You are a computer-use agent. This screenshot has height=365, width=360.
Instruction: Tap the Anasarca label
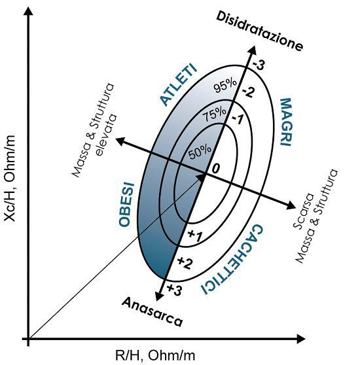pos(152,312)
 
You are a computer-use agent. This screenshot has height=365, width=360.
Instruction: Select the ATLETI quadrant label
pos(179,84)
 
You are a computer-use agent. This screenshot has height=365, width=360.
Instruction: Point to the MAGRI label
pos(285,122)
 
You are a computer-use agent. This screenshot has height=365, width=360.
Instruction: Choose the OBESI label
pos(127,204)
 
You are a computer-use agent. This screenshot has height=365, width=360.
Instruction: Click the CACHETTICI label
pos(232,260)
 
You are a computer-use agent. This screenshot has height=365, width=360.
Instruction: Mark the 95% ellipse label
pos(225,86)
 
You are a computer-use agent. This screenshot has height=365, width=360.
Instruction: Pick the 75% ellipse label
pos(215,114)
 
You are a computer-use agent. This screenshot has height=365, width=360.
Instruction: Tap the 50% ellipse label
pos(200,152)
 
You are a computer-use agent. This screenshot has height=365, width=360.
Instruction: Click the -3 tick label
pos(258,65)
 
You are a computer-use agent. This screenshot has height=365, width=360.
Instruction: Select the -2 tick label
pos(247,92)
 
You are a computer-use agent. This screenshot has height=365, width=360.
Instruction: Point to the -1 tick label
pos(238,120)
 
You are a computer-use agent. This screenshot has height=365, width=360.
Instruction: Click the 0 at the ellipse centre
pos(215,168)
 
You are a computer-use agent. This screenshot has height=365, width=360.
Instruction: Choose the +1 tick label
pos(194,235)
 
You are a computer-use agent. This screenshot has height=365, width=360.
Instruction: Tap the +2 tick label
pos(185,263)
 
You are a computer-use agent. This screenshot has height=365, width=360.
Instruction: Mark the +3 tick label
pos(174,290)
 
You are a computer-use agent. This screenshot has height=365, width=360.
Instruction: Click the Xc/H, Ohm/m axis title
pos(10,179)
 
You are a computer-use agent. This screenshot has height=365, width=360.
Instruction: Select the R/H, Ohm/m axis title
pos(155,355)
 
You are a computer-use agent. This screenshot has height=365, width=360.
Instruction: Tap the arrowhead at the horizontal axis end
pos(300,339)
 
